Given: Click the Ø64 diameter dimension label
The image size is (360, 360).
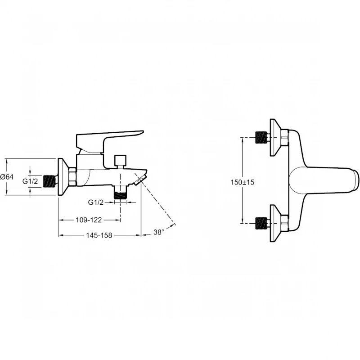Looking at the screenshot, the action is [x=7, y=177].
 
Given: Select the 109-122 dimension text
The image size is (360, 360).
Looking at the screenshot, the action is [x=89, y=220].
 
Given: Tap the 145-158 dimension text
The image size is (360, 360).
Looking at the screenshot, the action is [x=99, y=235].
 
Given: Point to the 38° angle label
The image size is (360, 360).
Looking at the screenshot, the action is [x=159, y=232].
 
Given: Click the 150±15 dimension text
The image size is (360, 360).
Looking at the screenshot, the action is [x=243, y=182].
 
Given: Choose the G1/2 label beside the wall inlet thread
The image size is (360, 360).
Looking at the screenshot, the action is [x=30, y=181].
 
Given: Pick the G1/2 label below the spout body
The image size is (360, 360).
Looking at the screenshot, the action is [x=96, y=202].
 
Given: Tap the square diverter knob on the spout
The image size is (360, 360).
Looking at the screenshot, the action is [x=120, y=161].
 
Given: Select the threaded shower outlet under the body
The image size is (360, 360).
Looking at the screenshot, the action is [x=120, y=193].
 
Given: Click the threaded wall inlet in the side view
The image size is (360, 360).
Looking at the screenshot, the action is [x=50, y=181].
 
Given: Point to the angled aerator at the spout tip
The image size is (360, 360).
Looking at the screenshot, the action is [x=140, y=179].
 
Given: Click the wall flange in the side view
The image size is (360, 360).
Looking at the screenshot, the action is [x=63, y=177].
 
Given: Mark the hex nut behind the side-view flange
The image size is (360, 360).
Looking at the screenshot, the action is [x=73, y=176].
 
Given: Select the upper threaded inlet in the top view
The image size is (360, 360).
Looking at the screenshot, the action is [x=261, y=138].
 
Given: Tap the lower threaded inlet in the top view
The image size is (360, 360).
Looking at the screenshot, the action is [x=261, y=223].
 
